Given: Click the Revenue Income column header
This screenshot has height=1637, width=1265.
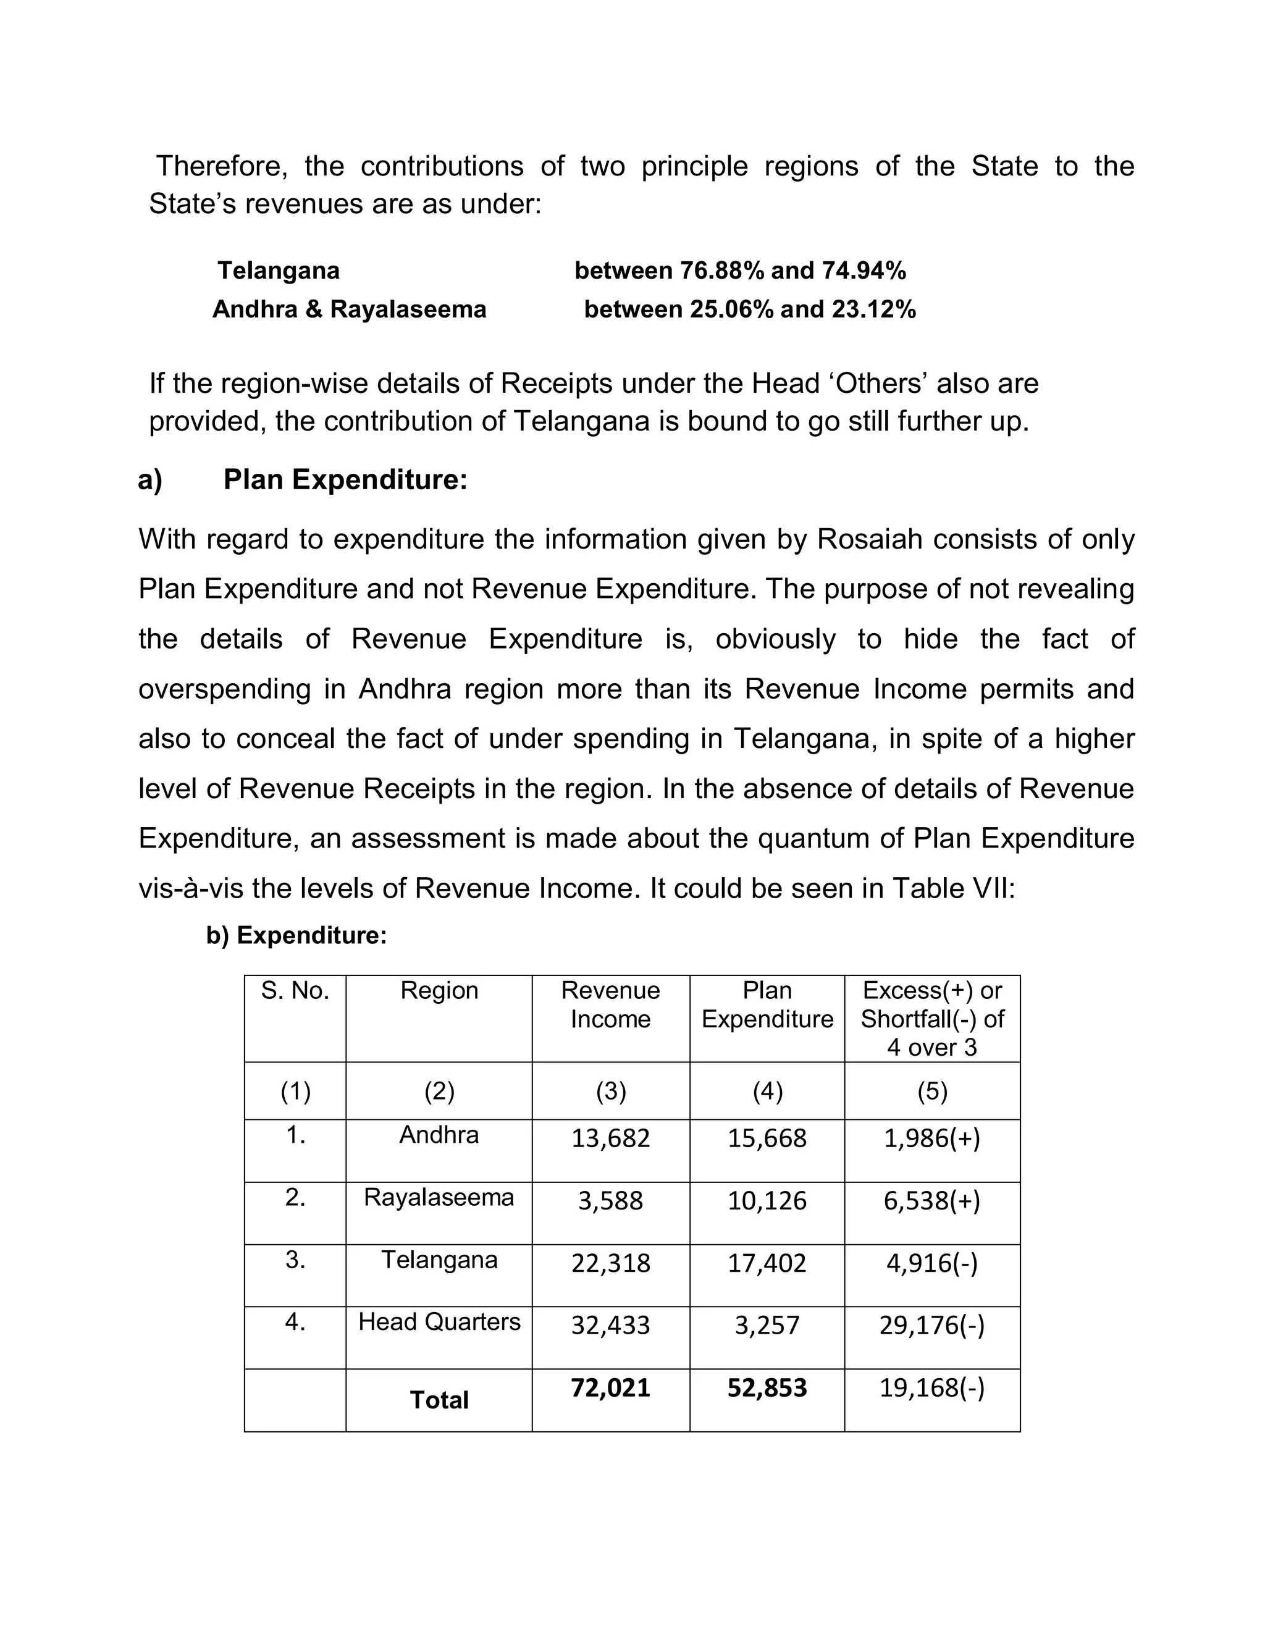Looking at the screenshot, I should pos(610,1004).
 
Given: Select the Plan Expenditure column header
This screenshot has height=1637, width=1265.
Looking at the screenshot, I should pos(767,1004).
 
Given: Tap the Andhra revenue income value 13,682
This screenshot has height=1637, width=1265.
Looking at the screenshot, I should pos(610,1138).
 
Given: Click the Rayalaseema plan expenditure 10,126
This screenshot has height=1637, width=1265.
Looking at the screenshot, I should pos(767,1200).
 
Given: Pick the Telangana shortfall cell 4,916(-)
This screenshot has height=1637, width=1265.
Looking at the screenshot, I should pos(931,1263).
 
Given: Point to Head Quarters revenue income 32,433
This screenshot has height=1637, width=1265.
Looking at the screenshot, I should pos(610,1325).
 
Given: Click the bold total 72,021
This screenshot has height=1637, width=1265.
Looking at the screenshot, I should pos(610,1387).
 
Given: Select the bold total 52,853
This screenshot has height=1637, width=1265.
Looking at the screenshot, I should pos(767,1387).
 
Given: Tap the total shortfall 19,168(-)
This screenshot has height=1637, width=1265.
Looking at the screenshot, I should pos(931,1387).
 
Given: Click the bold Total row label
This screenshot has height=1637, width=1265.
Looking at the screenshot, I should pos(439,1399).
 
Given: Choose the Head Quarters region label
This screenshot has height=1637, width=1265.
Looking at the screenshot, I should pos(439,1321).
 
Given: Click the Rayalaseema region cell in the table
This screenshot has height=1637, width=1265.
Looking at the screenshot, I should pos(439,1197).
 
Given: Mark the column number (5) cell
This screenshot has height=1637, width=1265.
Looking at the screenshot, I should pos(931,1092).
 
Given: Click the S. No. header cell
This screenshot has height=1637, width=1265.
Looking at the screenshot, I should pos(295,990).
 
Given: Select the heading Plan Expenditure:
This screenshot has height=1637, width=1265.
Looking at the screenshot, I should pos(345,480).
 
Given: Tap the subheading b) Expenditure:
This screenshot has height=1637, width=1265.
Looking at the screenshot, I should pos(296,935).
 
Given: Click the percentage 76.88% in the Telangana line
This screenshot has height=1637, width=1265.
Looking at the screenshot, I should pos(721,271).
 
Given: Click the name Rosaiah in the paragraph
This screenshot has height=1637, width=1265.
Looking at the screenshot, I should pos(869,539).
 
